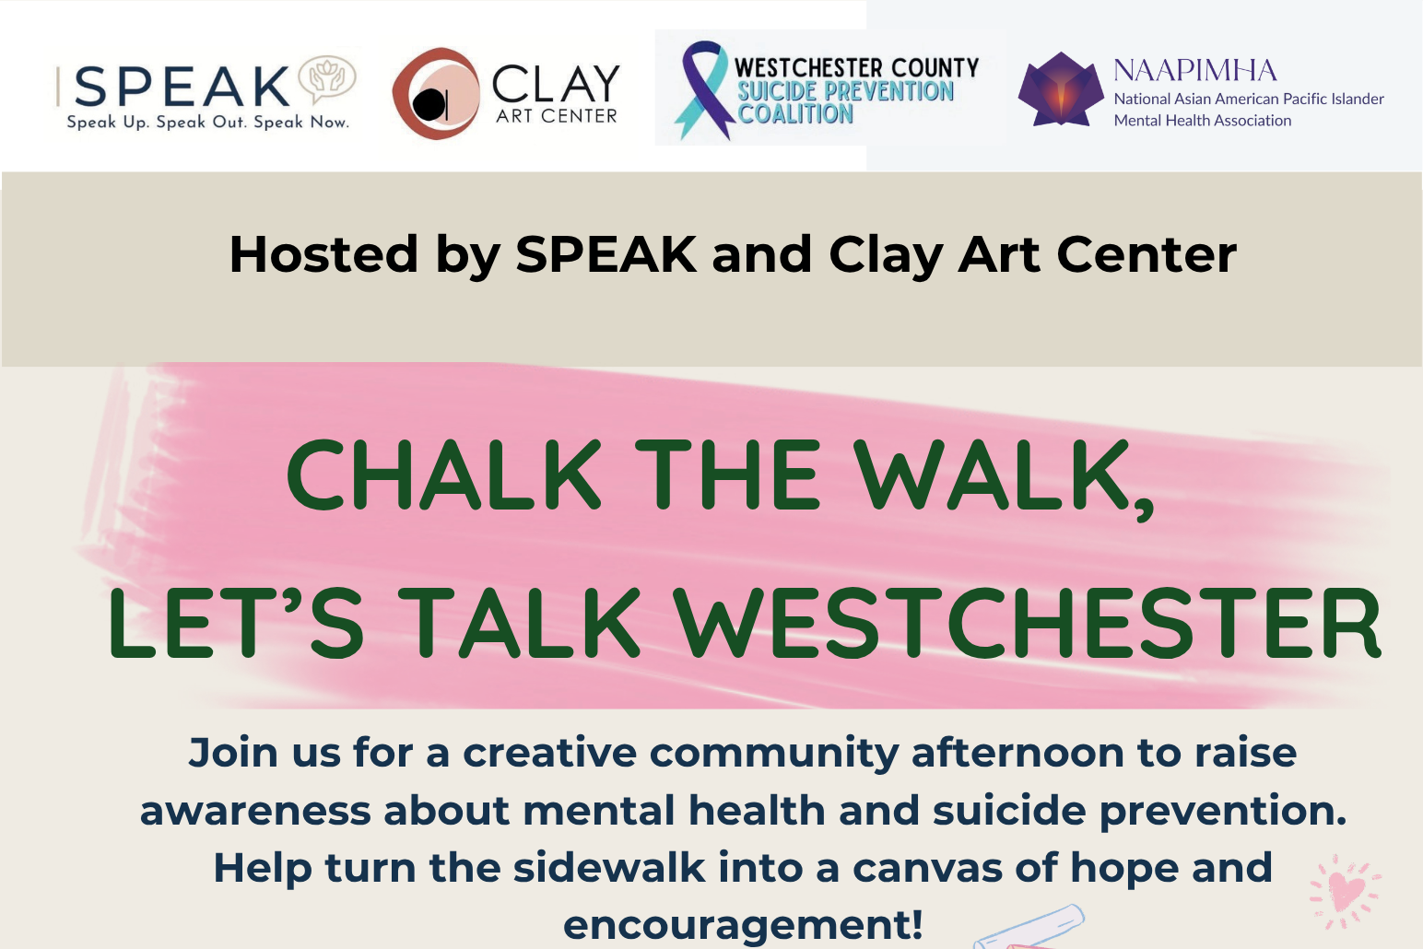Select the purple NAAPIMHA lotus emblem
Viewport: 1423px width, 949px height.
pyautogui.click(x=1061, y=89)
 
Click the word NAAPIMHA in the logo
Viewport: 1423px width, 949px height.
pyautogui.click(x=1195, y=70)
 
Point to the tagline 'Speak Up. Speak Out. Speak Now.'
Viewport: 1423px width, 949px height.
pyautogui.click(x=208, y=123)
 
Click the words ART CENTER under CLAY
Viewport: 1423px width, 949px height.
pyautogui.click(x=557, y=116)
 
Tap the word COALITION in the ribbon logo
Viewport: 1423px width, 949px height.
pyautogui.click(x=796, y=114)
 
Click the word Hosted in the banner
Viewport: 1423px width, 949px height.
pyautogui.click(x=323, y=254)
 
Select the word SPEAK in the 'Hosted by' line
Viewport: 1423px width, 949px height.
pyautogui.click(x=606, y=254)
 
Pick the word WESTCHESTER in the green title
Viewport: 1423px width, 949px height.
pyautogui.click(x=1028, y=623)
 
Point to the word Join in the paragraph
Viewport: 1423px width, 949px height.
pyautogui.click(x=233, y=753)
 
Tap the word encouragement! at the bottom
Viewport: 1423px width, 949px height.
pyautogui.click(x=743, y=924)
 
